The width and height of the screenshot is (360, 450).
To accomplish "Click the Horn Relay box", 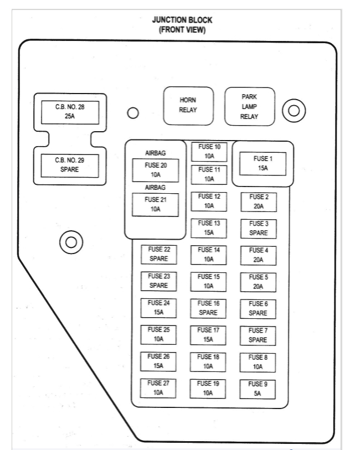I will [188, 105].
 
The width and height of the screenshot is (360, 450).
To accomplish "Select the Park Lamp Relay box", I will [249, 106].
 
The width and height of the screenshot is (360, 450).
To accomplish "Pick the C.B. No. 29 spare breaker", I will [69, 165].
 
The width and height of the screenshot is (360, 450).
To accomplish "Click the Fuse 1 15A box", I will [262, 163].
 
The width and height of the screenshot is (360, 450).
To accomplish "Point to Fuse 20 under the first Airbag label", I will [155, 170].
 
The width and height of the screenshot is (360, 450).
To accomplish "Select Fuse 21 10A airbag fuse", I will [155, 204].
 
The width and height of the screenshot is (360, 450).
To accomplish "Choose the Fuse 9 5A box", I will [258, 389].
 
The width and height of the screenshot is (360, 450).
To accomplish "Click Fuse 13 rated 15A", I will [209, 228].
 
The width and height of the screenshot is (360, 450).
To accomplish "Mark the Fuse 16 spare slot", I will [209, 308].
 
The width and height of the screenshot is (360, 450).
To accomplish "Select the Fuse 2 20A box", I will [258, 201].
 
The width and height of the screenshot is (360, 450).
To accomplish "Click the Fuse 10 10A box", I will [209, 152].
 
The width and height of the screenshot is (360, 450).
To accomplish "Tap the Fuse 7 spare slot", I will [258, 335].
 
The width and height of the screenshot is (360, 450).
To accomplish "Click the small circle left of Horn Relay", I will [132, 113].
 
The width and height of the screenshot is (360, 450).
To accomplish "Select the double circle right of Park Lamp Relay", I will [294, 111].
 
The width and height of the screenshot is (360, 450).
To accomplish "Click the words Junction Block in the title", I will [182, 20].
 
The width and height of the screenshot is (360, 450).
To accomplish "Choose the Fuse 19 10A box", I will [209, 389].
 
